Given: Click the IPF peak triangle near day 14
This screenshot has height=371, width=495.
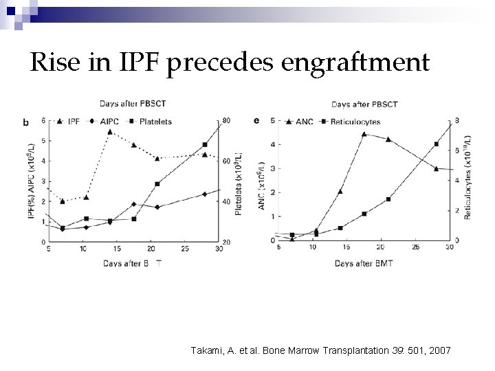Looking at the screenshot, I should coord(110,132).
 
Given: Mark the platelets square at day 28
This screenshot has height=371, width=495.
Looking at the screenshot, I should coord(205,145).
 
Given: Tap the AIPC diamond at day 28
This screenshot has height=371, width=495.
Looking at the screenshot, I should coord(205,194).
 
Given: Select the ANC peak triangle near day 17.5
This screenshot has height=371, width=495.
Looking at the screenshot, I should coord(364,134).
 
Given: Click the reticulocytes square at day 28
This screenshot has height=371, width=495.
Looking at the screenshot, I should coord(437,144).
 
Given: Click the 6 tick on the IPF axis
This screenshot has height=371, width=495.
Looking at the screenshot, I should coord(43,121).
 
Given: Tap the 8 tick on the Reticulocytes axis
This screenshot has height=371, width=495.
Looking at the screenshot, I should coord(457,121).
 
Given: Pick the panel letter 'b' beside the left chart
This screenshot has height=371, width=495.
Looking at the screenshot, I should coord(26,122).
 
